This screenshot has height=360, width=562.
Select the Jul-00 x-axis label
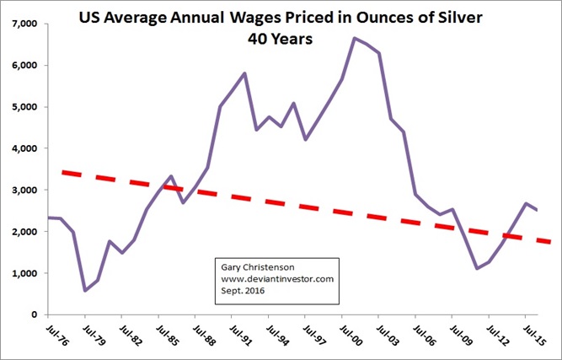pyautogui.click(x=340, y=334)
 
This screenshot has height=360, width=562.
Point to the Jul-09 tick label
pyautogui.click(x=451, y=334)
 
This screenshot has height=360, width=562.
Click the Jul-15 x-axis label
pyautogui.click(x=524, y=334)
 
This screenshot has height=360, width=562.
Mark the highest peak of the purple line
pyautogui.click(x=355, y=38)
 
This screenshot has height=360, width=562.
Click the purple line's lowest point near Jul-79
pyautogui.click(x=85, y=290)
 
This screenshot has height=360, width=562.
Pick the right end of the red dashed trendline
pyautogui.click(x=550, y=241)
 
